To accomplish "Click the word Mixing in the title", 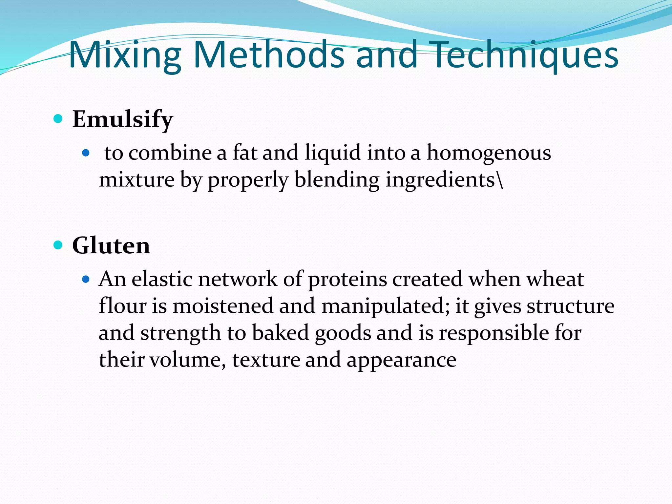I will click(x=125, y=55).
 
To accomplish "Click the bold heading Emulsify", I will click(x=122, y=119).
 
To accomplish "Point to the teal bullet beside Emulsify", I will click(x=58, y=118).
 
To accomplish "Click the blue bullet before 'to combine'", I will click(x=86, y=153).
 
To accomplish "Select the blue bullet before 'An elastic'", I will click(x=86, y=279).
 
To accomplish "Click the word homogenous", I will click(x=489, y=153).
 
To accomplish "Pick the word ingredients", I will click(x=440, y=180).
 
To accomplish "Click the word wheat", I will click(x=555, y=280).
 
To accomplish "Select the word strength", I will click(x=180, y=333).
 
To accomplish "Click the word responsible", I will click(x=494, y=333).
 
